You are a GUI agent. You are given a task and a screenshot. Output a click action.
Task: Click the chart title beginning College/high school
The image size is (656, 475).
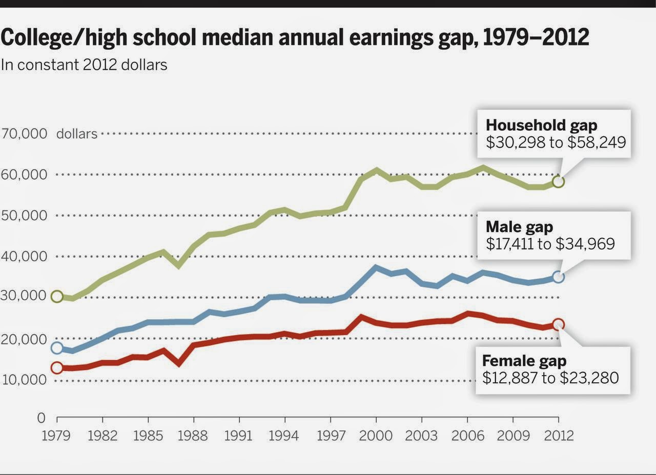(295, 38)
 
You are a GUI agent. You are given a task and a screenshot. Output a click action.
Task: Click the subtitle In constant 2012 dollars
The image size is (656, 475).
(84, 65)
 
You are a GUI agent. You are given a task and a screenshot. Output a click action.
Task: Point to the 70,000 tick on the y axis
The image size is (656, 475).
(25, 134)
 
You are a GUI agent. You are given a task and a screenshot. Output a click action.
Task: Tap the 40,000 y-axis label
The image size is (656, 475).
(25, 256)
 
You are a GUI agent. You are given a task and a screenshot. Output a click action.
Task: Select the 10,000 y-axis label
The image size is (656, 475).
(25, 380)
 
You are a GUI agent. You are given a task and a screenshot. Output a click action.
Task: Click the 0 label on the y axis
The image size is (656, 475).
(42, 418)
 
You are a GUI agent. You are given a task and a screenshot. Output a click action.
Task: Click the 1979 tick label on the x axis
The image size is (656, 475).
(57, 436)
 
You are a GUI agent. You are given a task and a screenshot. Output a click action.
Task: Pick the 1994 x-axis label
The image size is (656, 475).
(284, 436)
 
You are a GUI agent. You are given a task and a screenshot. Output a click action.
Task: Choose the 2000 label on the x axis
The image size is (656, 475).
(376, 436)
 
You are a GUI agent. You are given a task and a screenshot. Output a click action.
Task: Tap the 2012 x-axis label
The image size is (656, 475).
(559, 436)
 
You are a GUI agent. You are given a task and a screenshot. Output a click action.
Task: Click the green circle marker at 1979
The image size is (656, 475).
(57, 297)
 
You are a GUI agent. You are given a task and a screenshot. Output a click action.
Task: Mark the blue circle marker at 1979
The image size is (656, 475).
(57, 348)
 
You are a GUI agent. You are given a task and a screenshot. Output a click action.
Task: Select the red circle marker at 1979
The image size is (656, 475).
(57, 367)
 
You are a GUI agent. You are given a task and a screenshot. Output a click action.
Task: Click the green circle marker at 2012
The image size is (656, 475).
(559, 181)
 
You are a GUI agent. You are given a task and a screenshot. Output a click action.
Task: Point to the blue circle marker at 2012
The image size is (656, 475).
(559, 277)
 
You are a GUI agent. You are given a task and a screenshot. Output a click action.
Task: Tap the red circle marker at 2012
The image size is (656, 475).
(559, 324)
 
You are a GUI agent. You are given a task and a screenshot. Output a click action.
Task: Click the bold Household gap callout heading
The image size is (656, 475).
(541, 125)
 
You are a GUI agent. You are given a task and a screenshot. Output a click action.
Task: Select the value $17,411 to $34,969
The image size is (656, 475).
(550, 244)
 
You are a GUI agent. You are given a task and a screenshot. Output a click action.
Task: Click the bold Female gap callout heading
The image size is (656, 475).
(524, 361)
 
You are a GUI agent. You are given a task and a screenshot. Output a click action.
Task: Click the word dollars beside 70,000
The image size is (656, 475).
(77, 134)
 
